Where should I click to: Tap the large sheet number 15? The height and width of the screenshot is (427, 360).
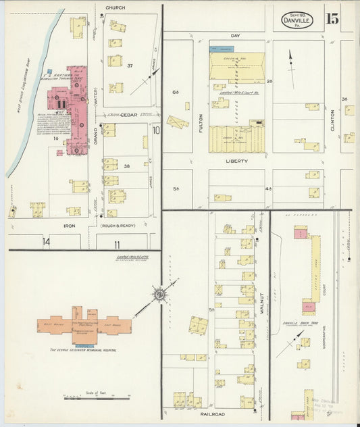click(332, 18)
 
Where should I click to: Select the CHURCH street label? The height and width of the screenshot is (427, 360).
click(114, 8)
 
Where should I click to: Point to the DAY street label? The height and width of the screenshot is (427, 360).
click(235, 34)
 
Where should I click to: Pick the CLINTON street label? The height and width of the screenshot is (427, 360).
click(333, 120)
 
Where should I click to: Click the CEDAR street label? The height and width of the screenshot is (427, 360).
click(129, 115)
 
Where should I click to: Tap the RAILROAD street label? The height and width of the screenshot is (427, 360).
click(212, 413)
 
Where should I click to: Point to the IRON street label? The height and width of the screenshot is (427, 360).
click(70, 225)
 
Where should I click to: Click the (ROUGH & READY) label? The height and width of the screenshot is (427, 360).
click(118, 225)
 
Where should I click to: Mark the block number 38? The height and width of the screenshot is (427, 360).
click(126, 166)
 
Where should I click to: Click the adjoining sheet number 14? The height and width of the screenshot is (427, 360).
click(47, 241)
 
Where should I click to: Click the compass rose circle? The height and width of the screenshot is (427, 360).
click(160, 294)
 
